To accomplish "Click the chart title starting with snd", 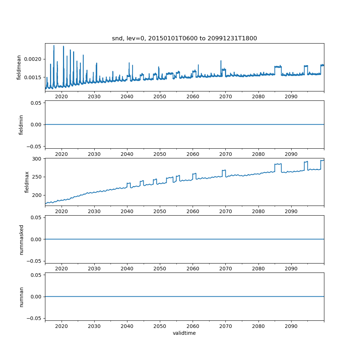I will pyautogui.click(x=184, y=39).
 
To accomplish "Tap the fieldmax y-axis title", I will pyautogui.click(x=27, y=182).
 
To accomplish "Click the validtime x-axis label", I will pyautogui.click(x=184, y=333).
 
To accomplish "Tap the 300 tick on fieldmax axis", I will pyautogui.click(x=37, y=158).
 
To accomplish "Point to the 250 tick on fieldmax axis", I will pyautogui.click(x=37, y=177).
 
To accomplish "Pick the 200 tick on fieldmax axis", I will pyautogui.click(x=37, y=195).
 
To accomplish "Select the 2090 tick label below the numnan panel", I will pyautogui.click(x=291, y=326).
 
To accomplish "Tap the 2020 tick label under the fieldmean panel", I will pyautogui.click(x=62, y=97).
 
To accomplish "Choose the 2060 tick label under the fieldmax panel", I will pyautogui.click(x=193, y=212).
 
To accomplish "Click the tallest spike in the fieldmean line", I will pyautogui.click(x=54, y=46).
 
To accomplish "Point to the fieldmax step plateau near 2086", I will pyautogui.click(x=278, y=164).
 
